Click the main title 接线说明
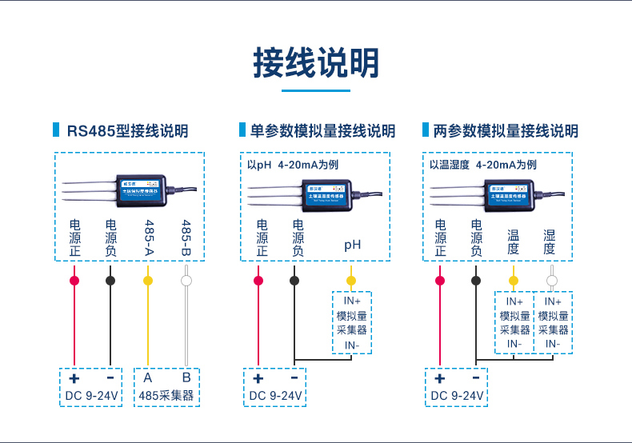click(x=316, y=63)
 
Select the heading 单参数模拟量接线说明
click(x=322, y=131)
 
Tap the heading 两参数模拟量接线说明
click(x=505, y=131)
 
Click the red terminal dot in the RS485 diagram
click(x=74, y=281)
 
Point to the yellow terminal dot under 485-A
click(x=147, y=281)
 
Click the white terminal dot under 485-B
click(x=186, y=281)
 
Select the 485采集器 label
click(x=167, y=396)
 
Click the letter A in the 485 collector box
click(x=148, y=377)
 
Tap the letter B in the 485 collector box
click(x=186, y=377)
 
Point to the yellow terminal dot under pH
click(x=350, y=281)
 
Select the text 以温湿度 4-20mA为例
click(x=482, y=166)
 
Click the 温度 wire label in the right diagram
click(x=514, y=242)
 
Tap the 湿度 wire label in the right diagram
click(x=550, y=242)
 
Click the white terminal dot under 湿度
click(x=551, y=281)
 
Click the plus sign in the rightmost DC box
click(x=438, y=377)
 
